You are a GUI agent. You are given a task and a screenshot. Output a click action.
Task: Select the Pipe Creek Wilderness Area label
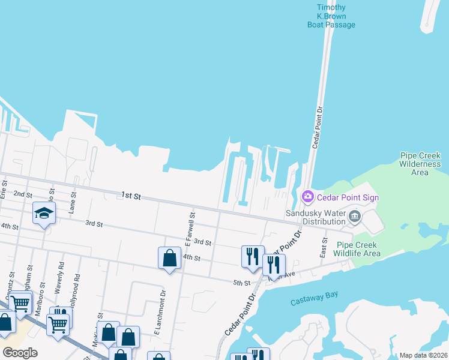pyautogui.click(x=420, y=164)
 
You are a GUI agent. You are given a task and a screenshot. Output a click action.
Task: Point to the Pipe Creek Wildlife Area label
pyautogui.click(x=358, y=249)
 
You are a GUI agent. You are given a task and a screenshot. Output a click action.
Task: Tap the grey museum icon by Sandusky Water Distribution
pyautogui.click(x=354, y=217)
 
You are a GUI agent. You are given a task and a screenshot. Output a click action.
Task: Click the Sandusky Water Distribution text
pyautogui.click(x=315, y=217)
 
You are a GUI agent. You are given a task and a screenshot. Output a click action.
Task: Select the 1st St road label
pyautogui.click(x=130, y=196)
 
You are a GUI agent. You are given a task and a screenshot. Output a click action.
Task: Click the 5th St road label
pyautogui.click(x=241, y=283)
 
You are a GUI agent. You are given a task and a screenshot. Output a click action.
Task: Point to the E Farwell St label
pyautogui.click(x=190, y=229)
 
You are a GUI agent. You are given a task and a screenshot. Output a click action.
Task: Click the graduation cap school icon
pyautogui.click(x=44, y=214)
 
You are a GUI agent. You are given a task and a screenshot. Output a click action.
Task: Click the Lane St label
pyautogui.click(x=73, y=203)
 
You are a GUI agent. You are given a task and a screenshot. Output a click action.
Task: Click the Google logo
pyautogui.click(x=20, y=353)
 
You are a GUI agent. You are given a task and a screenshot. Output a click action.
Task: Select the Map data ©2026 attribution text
pyautogui.click(x=423, y=355)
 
